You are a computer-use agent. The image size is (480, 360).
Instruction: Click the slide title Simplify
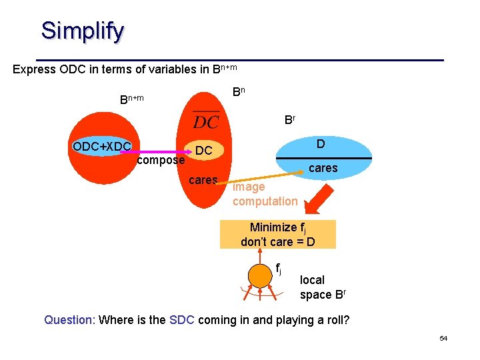82,31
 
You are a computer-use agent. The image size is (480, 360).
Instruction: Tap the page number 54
443,339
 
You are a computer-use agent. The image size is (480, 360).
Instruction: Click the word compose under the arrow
160,161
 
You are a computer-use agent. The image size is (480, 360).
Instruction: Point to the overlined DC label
206,121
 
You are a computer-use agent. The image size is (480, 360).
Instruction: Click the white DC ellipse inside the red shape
204,151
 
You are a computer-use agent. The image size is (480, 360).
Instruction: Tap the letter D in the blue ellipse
321,144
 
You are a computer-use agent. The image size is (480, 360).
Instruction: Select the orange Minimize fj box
277,234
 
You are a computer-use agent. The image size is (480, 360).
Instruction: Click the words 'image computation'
264,194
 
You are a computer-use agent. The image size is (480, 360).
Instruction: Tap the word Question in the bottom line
69,320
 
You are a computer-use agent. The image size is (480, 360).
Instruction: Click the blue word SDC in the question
181,320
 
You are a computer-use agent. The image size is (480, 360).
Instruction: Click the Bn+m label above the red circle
131,99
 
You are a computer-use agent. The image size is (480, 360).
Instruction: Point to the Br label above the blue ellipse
290,120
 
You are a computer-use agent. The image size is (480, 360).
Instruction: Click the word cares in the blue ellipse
323,168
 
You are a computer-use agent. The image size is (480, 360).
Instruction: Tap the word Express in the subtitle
35,69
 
